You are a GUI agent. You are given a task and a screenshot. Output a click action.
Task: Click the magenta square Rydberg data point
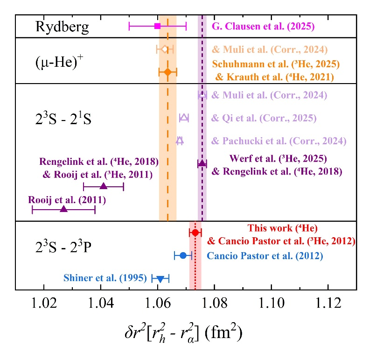pyautogui.click(x=158, y=26)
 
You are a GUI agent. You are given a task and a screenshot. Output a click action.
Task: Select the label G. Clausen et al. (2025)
pyautogui.click(x=263, y=26)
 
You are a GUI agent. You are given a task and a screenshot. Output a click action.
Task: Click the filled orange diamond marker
pyautogui.click(x=167, y=72)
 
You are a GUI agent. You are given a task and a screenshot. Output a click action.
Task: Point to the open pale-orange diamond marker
pyautogui.click(x=164, y=49)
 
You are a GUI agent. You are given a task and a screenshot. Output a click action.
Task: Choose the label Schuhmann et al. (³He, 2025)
pyautogui.click(x=276, y=64)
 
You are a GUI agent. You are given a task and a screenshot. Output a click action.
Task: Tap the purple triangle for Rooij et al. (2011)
pyautogui.click(x=64, y=209)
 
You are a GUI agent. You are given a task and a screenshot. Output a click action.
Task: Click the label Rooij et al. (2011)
pyautogui.click(x=67, y=200)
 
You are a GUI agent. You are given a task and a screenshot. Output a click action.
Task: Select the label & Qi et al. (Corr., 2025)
pyautogui.click(x=264, y=118)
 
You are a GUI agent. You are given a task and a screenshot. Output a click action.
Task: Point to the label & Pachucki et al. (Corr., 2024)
pyautogui.click(x=279, y=141)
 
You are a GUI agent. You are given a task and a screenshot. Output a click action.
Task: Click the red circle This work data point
pyautogui.click(x=195, y=233)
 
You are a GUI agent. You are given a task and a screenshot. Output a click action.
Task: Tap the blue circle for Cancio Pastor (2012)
pyautogui.click(x=183, y=255)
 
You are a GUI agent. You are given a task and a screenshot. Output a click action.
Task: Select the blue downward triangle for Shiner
pyautogui.click(x=160, y=279)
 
